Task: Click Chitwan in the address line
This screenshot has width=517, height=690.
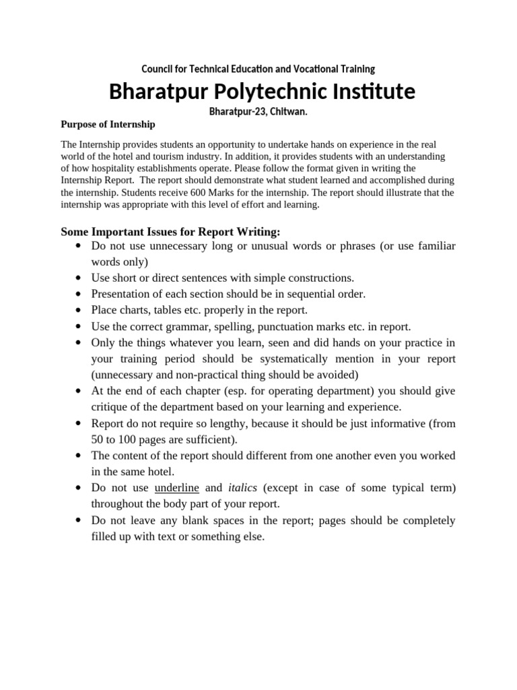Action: point(288,111)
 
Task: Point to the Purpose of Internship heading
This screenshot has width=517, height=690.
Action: point(108,124)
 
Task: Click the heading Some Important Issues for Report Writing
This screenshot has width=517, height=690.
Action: point(170,232)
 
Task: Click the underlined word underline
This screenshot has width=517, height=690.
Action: point(176,488)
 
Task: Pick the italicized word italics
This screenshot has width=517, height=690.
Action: point(242,488)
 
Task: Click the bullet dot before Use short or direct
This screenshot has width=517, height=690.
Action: point(79,278)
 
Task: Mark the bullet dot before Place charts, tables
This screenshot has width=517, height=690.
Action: point(79,311)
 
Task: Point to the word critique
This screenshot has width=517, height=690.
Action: point(109,407)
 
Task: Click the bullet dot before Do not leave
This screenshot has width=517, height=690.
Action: point(79,521)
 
